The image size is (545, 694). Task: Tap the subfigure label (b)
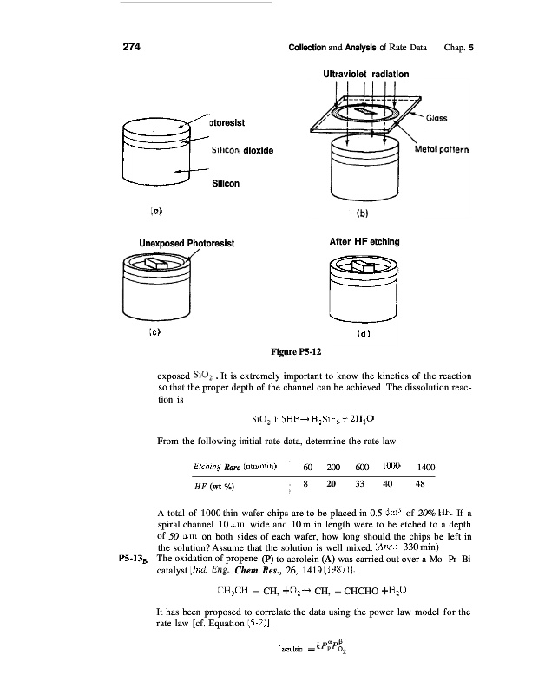363,208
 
